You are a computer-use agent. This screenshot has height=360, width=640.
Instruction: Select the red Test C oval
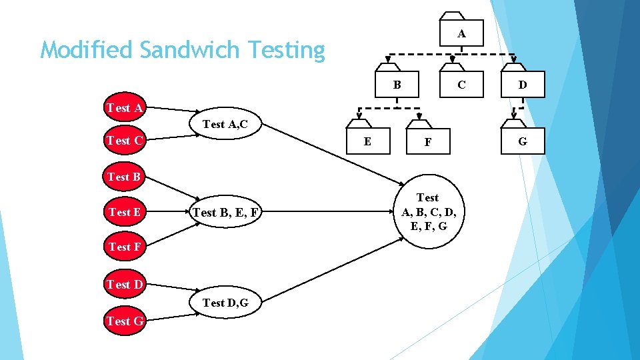click(125, 140)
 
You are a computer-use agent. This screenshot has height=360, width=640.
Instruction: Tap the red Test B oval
click(124, 177)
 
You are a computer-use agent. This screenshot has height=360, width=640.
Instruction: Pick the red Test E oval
click(124, 212)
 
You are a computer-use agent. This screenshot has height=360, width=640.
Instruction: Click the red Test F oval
click(124, 247)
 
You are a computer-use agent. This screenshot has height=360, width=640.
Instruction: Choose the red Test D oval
click(125, 285)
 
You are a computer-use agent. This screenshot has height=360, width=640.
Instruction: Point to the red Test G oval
click(125, 321)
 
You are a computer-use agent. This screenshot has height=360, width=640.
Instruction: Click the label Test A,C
click(225, 124)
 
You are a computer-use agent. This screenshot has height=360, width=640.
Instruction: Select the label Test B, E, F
click(225, 213)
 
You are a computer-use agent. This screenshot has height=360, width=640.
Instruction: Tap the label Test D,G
click(225, 303)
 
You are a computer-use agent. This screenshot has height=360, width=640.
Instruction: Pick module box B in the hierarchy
click(396, 84)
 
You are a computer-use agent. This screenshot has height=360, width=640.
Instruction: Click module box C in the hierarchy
click(460, 84)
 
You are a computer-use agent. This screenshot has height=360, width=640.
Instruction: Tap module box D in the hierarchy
click(522, 84)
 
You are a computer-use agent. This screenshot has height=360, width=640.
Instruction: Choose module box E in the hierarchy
click(367, 141)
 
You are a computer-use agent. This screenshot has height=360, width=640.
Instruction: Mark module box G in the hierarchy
click(522, 141)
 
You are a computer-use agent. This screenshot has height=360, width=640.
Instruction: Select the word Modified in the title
click(79, 50)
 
